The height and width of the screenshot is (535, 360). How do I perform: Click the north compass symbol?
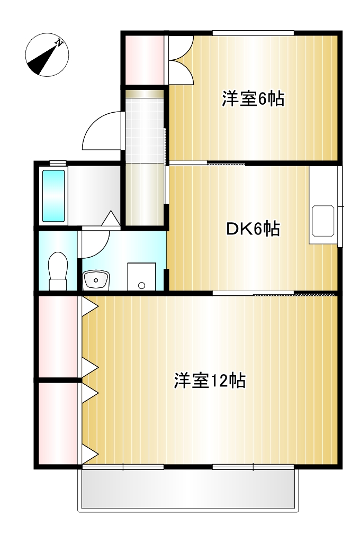pyautogui.click(x=47, y=55)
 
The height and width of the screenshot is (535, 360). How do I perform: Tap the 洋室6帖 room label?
pyautogui.click(x=253, y=99)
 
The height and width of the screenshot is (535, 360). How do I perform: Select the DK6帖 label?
pyautogui.click(x=253, y=229)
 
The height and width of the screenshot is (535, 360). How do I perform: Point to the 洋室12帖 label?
pyautogui.click(x=210, y=380)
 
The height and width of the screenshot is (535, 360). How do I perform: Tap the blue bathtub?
pyautogui.click(x=53, y=195)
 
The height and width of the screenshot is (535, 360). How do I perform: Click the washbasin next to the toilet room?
pyautogui.click(x=96, y=279)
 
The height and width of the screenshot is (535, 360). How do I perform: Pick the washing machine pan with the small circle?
pyautogui.click(x=141, y=276)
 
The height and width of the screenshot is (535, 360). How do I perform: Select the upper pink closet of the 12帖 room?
pyautogui.click(x=58, y=337)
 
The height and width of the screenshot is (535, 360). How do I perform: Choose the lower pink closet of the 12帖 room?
pyautogui.click(x=58, y=423)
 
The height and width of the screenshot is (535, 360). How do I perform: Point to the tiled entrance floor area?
pyautogui.click(x=145, y=130)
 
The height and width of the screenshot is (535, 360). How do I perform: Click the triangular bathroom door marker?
pyautogui.click(x=112, y=218)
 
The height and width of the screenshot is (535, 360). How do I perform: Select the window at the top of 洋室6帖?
pyautogui.click(x=253, y=33)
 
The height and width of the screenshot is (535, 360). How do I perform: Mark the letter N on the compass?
pyautogui.click(x=60, y=43)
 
